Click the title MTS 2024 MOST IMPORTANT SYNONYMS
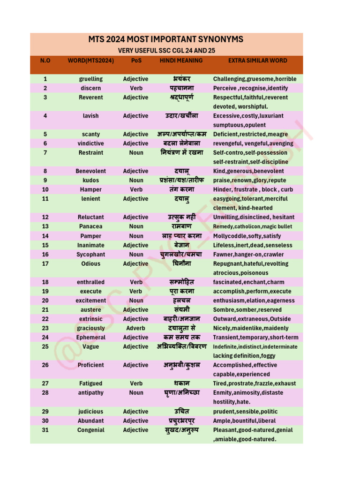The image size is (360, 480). click(166, 39)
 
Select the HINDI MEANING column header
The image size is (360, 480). click(181, 60)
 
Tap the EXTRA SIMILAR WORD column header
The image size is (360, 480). click(257, 60)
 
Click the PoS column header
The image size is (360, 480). click(135, 60)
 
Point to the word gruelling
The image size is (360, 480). click(91, 79)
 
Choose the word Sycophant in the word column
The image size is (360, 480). click(91, 255)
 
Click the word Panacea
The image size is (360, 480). click(91, 226)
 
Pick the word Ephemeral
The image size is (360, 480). click(91, 337)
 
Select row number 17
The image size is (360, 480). click(45, 264)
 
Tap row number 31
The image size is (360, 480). click(45, 430)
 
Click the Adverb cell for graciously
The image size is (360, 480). click(135, 328)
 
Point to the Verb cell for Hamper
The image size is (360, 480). click(136, 189)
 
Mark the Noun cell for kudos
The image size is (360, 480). click(136, 180)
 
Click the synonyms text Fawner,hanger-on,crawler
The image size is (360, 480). click(248, 255)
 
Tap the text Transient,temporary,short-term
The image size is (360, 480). click(255, 337)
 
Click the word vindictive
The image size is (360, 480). click(91, 143)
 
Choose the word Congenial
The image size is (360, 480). click(91, 430)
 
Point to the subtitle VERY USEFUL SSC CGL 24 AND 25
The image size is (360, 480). click(166, 51)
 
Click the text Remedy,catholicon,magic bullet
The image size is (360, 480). click(252, 226)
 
